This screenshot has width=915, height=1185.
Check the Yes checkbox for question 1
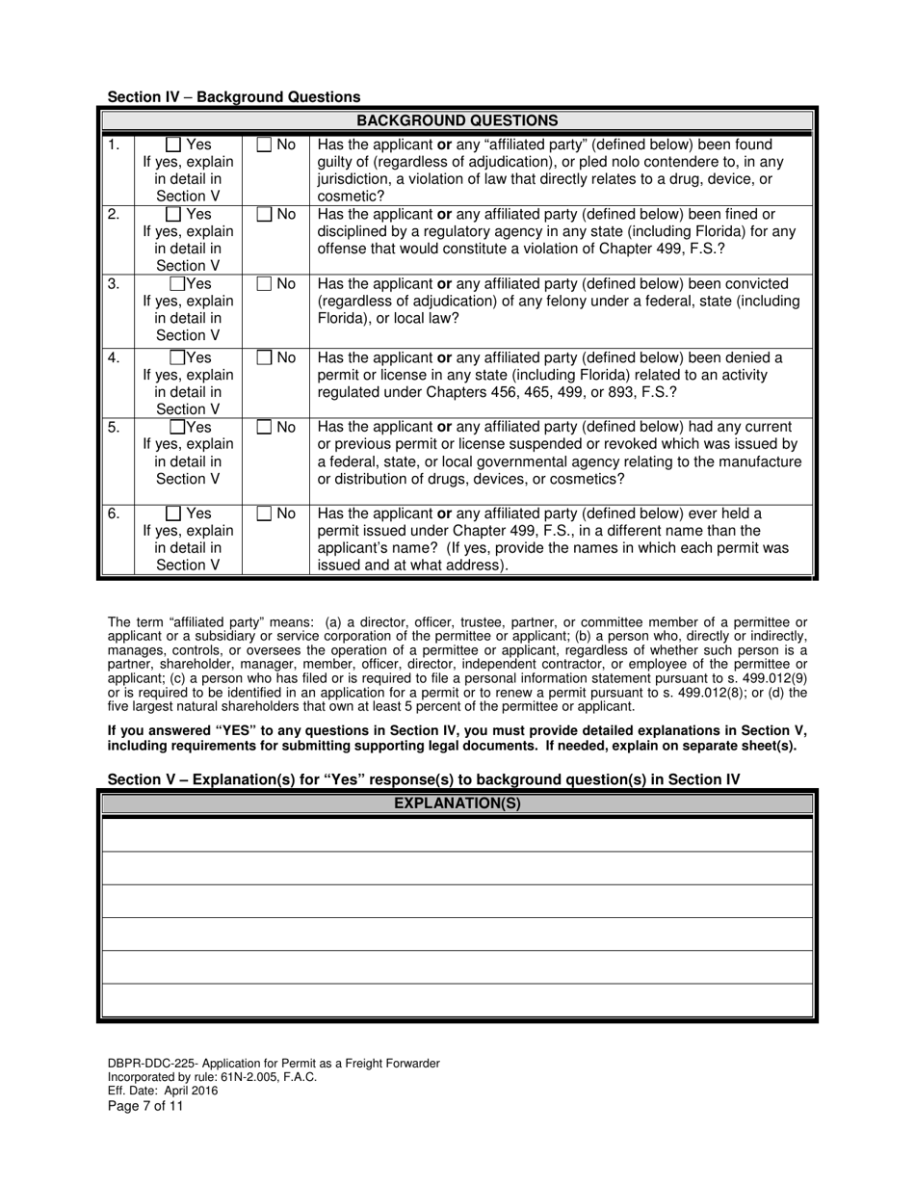coord(173,145)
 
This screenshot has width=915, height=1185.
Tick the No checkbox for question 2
coord(264,215)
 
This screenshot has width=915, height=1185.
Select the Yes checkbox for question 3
coord(177,284)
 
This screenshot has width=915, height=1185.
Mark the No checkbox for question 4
coord(264,358)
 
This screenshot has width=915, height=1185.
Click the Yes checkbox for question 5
coord(177,428)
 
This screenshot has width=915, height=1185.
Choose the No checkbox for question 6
coord(264,514)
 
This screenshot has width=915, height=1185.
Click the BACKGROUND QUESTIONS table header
coord(457,120)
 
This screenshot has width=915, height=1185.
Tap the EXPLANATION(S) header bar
coord(457,803)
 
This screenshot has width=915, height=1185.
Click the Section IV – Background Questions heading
coord(234,96)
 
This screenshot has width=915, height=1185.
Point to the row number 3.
coord(114,284)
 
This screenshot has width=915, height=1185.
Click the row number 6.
coord(114,514)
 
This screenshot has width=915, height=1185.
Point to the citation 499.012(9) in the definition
coord(774,678)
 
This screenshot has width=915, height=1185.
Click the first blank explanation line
coord(457,834)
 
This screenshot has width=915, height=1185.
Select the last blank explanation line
coord(457,1000)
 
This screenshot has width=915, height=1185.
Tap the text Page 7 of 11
coord(145,1106)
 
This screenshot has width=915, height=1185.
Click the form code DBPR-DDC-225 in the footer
coord(152,1064)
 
